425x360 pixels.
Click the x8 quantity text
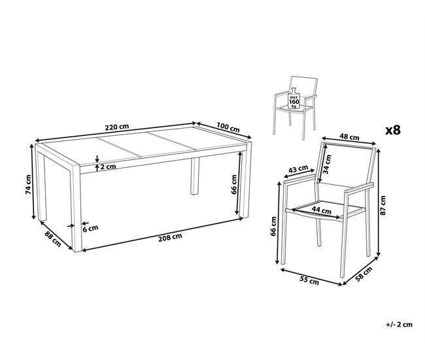pyautogui.click(x=392, y=129)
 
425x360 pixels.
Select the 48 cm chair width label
pyautogui.click(x=349, y=138)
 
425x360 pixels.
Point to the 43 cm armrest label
pyautogui.click(x=298, y=171)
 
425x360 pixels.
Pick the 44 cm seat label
pyautogui.click(x=320, y=210)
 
